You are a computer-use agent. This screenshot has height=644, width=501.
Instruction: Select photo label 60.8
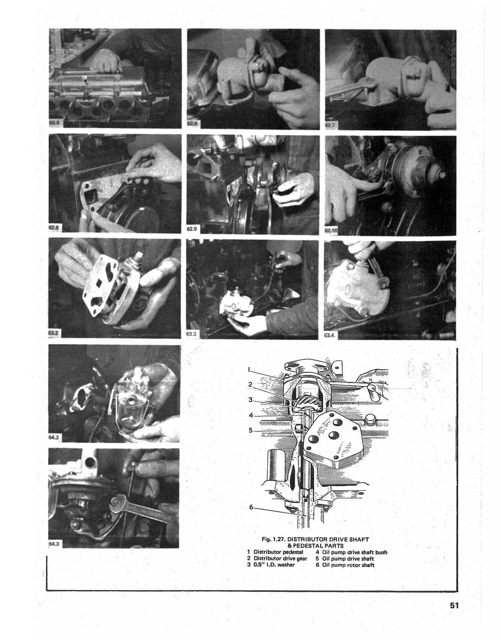(54, 122)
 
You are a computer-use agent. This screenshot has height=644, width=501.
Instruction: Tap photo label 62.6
(192, 123)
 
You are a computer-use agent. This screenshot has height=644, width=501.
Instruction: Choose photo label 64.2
(54, 437)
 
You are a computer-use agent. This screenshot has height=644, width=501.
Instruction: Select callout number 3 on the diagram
(250, 400)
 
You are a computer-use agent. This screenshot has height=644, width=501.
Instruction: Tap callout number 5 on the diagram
(250, 430)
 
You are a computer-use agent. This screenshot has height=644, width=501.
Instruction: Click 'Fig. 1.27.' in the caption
(274, 539)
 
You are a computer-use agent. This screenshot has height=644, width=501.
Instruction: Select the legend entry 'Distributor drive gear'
(280, 558)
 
